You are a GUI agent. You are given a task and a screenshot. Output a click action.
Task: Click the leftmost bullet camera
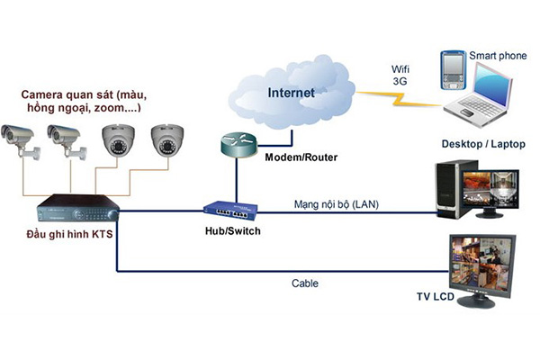tap(20, 139)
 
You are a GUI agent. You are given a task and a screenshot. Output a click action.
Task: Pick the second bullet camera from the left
tap(67, 139)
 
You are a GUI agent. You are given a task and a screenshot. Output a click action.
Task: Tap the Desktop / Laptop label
tap(483, 144)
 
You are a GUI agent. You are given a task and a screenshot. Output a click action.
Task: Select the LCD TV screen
tap(482, 267)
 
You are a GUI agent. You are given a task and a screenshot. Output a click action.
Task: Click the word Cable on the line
tap(305, 283)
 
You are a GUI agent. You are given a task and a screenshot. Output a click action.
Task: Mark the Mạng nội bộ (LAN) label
tap(336, 205)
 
